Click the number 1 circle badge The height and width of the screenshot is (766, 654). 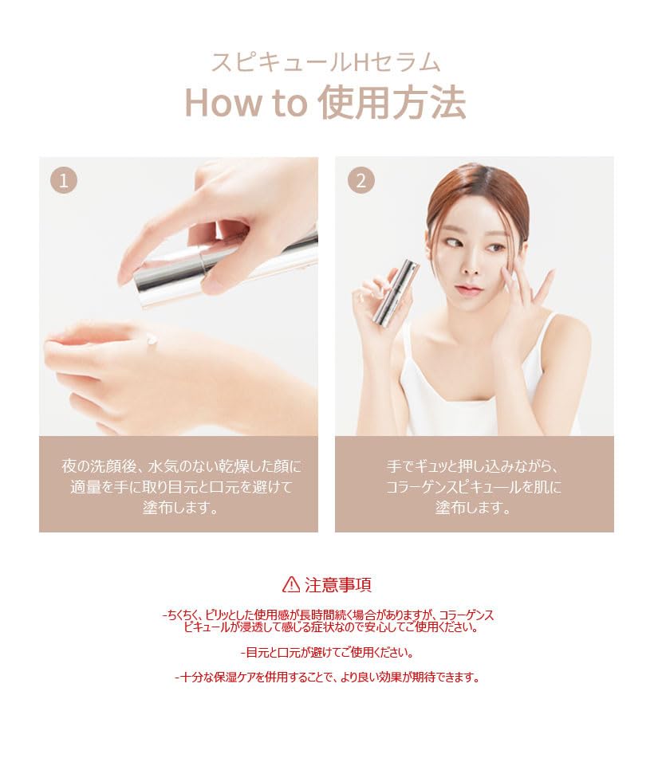tap(64, 181)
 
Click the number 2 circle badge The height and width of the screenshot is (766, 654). tap(360, 181)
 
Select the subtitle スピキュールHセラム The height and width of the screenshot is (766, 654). tap(325, 62)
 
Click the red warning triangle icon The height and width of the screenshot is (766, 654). tap(291, 584)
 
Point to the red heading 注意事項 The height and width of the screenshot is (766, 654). tap(338, 584)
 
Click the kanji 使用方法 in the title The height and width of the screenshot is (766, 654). tap(392, 104)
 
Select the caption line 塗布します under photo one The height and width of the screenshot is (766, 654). tap(179, 508)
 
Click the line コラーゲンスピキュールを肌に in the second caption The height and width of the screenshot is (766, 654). tap(474, 487)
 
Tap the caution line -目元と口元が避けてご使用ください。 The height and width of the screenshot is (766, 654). tap(327, 652)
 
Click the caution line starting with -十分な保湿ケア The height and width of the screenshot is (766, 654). tap(327, 678)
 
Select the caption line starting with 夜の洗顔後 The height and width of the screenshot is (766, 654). tap(182, 465)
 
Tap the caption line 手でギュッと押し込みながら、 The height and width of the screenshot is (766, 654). tap(474, 465)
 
